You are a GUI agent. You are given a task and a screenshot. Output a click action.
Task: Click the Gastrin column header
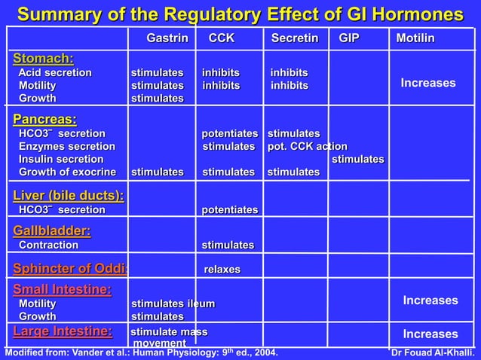167,38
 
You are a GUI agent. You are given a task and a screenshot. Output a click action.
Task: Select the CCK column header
221,38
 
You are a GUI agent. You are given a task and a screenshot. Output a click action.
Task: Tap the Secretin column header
294,38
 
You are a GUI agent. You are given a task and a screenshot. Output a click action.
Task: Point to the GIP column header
349,38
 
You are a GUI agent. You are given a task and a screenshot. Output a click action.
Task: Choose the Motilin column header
415,38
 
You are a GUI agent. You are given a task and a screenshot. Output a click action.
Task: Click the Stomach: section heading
43,58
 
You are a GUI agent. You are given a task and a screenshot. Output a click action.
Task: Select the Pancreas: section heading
44,119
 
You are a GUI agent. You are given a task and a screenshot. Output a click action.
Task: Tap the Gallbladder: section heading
51,230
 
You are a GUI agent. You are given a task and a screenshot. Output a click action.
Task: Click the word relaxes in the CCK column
222,270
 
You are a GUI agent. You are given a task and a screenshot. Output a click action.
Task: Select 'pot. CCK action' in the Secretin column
308,146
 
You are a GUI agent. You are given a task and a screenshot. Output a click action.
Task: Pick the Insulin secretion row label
61,159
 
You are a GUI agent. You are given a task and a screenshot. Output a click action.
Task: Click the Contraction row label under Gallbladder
48,245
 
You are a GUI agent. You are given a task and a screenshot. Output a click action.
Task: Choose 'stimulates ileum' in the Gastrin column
173,304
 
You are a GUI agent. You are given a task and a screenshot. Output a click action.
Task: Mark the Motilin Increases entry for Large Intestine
430,334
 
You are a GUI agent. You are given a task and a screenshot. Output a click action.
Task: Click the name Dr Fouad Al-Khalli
434,352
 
